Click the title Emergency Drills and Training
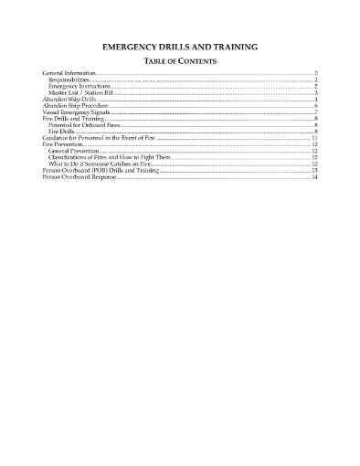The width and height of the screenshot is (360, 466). click(179, 46)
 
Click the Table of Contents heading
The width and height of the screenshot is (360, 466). click(179, 60)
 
